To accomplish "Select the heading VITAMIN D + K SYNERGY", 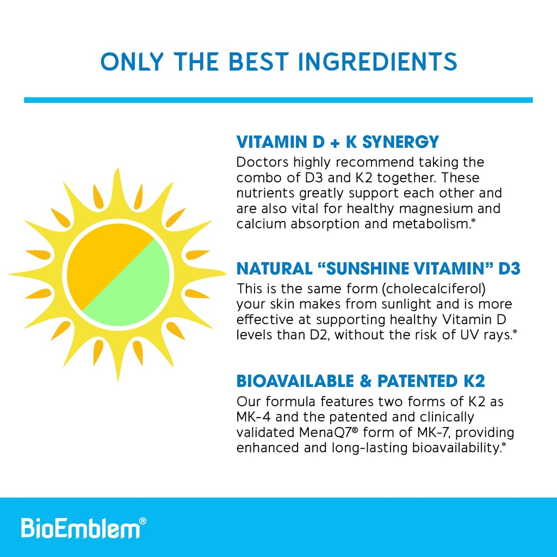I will pyautogui.click(x=337, y=143).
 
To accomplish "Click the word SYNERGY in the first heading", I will pyautogui.click(x=400, y=143).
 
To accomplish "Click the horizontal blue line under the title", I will pyautogui.click(x=278, y=100).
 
